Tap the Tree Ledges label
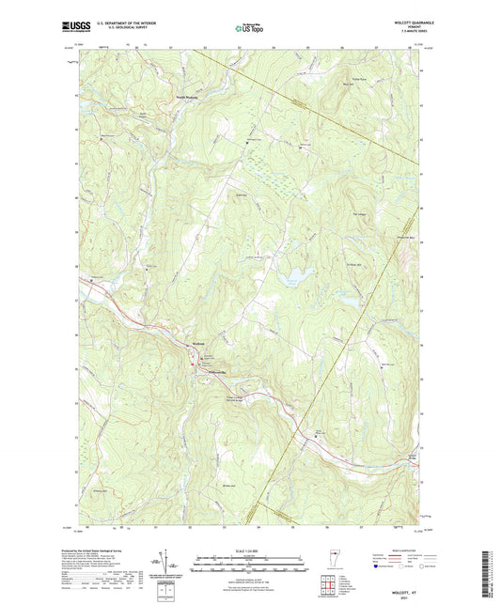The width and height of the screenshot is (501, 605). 357,215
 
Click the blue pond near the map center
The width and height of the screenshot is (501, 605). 297,276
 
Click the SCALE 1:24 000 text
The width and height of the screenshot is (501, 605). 249,551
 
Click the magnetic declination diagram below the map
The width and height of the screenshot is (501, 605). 167,562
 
